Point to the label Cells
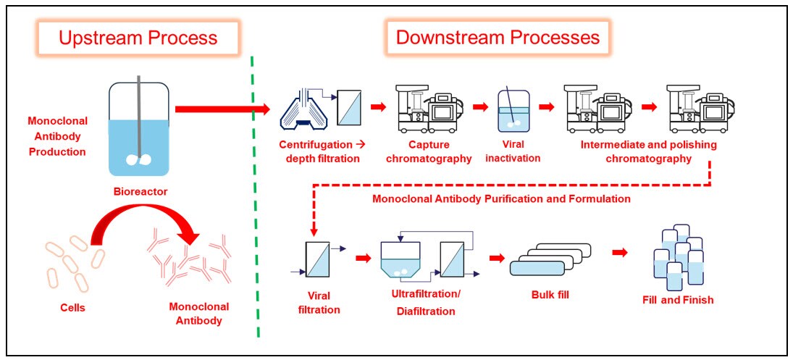(x=72, y=307)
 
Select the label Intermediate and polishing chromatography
(x=649, y=151)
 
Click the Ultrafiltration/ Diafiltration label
(x=425, y=304)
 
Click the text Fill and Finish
(x=677, y=299)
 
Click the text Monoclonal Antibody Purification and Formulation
(x=499, y=198)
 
